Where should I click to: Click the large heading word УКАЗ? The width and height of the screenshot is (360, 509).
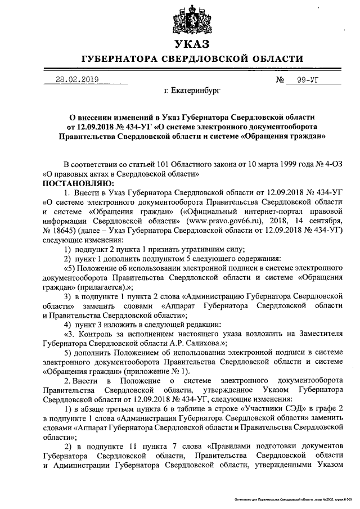click(x=192, y=44)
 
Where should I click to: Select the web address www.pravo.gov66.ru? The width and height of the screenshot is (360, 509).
click(x=239, y=211)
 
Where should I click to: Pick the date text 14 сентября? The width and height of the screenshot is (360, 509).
click(x=320, y=211)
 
